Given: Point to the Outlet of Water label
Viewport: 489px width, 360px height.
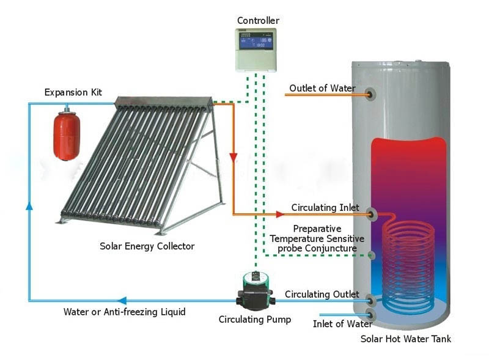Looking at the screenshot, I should coord(322,89).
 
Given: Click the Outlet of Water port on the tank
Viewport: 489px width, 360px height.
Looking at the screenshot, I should coord(371,94).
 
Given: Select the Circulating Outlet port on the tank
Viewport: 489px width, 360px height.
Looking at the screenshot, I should coord(370,301).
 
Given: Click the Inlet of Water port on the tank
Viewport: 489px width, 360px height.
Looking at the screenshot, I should coord(370,315).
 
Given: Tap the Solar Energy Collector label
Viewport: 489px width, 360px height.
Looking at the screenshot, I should coord(147,246).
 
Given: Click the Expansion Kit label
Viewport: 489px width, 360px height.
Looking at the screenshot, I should coord(73,92).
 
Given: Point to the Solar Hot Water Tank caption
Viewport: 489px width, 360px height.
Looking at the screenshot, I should coord(405,339).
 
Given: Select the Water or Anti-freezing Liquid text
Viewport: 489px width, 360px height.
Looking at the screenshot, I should coord(125,312).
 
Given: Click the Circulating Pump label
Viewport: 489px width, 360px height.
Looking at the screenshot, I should coord(255,319).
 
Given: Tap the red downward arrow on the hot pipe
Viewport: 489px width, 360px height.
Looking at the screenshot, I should coord(233,158).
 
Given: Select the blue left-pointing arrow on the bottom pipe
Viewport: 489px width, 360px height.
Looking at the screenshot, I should coord(122,301).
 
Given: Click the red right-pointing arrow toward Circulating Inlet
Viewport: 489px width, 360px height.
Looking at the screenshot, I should coord(279,214).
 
